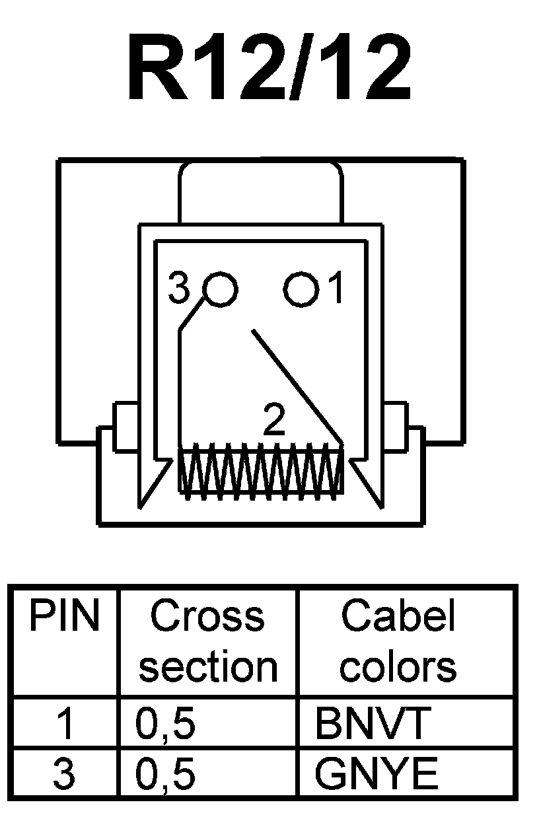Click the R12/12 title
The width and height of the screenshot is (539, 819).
pyautogui.click(x=269, y=69)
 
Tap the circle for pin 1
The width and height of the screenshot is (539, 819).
pyautogui.click(x=301, y=289)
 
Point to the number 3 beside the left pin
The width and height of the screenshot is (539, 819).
pyautogui.click(x=179, y=289)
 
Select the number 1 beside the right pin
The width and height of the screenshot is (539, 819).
pyautogui.click(x=336, y=289)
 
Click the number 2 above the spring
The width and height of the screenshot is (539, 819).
pyautogui.click(x=273, y=421)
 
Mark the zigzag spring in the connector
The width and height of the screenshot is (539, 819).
pyautogui.click(x=261, y=470)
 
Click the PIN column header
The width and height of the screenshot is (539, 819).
pyautogui.click(x=63, y=618)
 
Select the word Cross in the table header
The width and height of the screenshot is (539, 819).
pyautogui.click(x=207, y=618)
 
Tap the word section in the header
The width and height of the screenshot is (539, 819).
pyautogui.click(x=207, y=667)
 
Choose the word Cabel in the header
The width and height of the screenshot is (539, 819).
pyautogui.click(x=398, y=618)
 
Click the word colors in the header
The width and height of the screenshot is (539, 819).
pyautogui.click(x=398, y=667)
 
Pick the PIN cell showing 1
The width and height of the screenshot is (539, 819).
pyautogui.click(x=64, y=725)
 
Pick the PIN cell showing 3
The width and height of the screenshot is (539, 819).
pyautogui.click(x=64, y=774)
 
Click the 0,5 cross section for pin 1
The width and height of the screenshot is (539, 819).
pyautogui.click(x=165, y=725)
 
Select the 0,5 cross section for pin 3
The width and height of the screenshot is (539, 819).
pyautogui.click(x=165, y=774)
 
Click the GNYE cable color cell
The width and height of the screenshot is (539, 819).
pyautogui.click(x=376, y=774)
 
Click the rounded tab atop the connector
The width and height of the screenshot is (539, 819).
pyautogui.click(x=261, y=192)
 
